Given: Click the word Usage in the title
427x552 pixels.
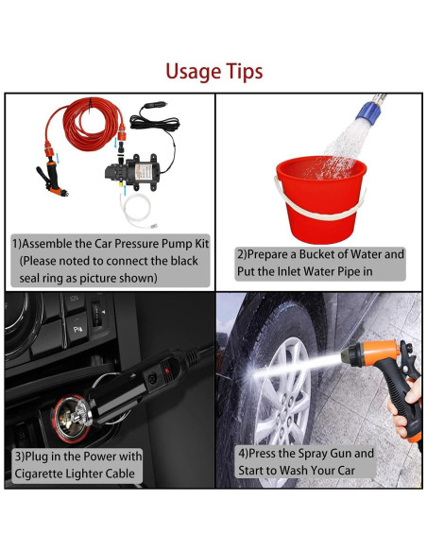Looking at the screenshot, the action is click(x=193, y=72).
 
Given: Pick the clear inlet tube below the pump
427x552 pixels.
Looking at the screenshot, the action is click(x=135, y=211).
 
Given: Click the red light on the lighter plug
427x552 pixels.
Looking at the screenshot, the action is click(x=167, y=371).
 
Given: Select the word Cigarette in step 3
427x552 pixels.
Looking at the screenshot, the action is click(x=37, y=474).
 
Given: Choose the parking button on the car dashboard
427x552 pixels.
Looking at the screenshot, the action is click(x=77, y=330).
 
